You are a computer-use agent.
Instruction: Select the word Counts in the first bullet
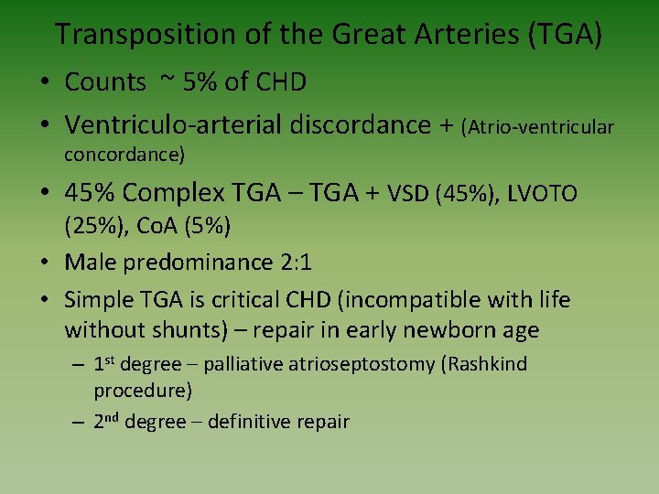click(x=105, y=82)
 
